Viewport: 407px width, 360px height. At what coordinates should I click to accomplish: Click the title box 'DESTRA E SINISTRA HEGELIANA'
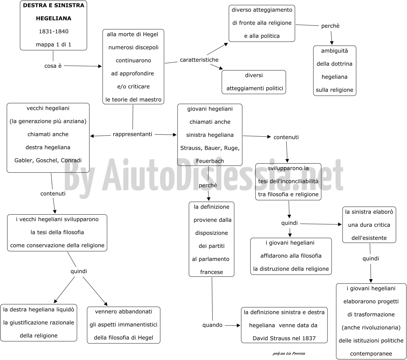(x=54, y=25)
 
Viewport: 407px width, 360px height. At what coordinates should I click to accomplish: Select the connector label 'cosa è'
(x=53, y=66)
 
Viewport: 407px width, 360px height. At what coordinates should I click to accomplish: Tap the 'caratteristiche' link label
(x=199, y=60)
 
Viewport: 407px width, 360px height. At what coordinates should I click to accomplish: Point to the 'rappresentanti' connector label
(x=132, y=134)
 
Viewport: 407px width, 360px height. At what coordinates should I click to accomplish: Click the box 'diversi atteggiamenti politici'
(x=254, y=82)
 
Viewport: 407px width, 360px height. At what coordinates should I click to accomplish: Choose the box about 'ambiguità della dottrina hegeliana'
(x=334, y=70)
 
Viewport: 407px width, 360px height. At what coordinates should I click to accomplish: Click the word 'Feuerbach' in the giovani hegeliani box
(x=210, y=161)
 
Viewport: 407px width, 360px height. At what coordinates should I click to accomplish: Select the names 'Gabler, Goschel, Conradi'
(x=48, y=160)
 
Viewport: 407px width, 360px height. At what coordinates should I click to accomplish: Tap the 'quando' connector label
(x=212, y=325)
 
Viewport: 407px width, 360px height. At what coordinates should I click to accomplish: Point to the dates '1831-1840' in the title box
(x=54, y=31)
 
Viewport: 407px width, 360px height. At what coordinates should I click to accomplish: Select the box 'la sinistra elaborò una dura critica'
(x=369, y=225)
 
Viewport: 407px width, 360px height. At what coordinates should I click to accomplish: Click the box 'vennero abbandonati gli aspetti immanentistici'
(x=124, y=325)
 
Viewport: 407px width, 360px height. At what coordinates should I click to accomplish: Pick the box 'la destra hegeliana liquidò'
(x=39, y=323)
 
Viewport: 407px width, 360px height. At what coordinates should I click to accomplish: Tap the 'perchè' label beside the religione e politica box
(x=330, y=26)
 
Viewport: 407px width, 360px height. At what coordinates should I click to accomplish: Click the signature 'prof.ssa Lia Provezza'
(x=289, y=353)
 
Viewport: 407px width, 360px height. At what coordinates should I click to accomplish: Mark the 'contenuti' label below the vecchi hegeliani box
(x=53, y=194)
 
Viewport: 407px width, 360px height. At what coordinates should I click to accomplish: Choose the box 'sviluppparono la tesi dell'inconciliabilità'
(x=288, y=182)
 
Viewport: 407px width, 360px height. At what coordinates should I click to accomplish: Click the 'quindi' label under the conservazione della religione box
(x=79, y=271)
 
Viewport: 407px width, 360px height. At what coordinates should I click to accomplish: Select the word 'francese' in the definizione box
(x=212, y=272)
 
